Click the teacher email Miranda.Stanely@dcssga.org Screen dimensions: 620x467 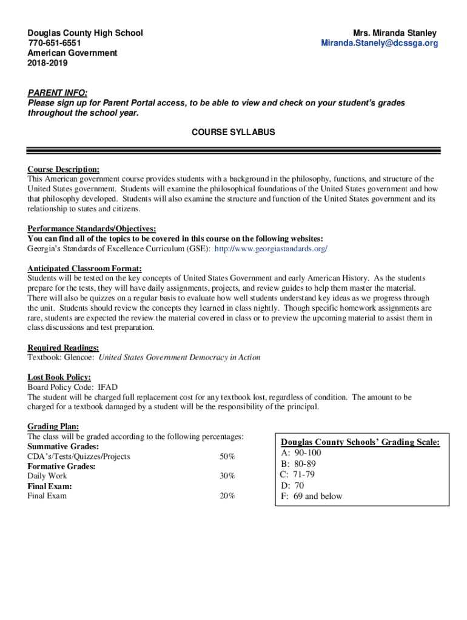[x=380, y=43]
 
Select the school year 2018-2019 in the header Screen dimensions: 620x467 [x=48, y=62]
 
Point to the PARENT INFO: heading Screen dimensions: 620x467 [x=57, y=93]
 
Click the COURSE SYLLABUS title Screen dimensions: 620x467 [x=233, y=131]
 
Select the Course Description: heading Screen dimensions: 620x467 [x=64, y=170]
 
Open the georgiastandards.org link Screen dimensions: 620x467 [x=271, y=249]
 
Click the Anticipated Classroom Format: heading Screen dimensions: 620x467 [x=85, y=268]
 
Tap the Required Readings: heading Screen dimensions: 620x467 [x=63, y=348]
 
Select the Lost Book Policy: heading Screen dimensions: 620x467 [x=59, y=377]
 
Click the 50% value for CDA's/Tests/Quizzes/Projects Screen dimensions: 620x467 [x=227, y=457]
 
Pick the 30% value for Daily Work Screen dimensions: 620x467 [x=227, y=476]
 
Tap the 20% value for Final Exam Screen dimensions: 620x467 [x=227, y=496]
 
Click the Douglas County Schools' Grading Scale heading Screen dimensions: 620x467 [x=360, y=443]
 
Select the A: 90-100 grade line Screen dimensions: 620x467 [x=301, y=453]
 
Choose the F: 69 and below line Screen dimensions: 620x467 [x=311, y=496]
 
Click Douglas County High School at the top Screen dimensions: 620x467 [x=85, y=33]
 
